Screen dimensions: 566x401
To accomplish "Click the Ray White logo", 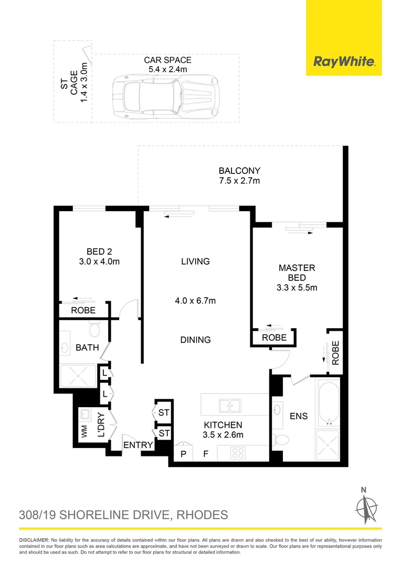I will pos(344,61).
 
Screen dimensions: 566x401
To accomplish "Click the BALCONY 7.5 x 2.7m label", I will pos(239,176).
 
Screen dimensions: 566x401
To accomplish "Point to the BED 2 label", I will pos(99,256).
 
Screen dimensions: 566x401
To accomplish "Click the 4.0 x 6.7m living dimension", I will pos(195,301).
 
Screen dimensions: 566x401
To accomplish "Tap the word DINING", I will pos(195,340).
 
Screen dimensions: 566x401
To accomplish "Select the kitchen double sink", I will pos(230,405).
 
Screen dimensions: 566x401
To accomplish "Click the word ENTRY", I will pos(138,445).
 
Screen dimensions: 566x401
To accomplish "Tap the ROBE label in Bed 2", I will pos(83,310).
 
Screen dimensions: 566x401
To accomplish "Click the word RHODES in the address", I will pos(202,515).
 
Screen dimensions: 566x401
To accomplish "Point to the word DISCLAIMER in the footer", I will pos(34,540).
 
